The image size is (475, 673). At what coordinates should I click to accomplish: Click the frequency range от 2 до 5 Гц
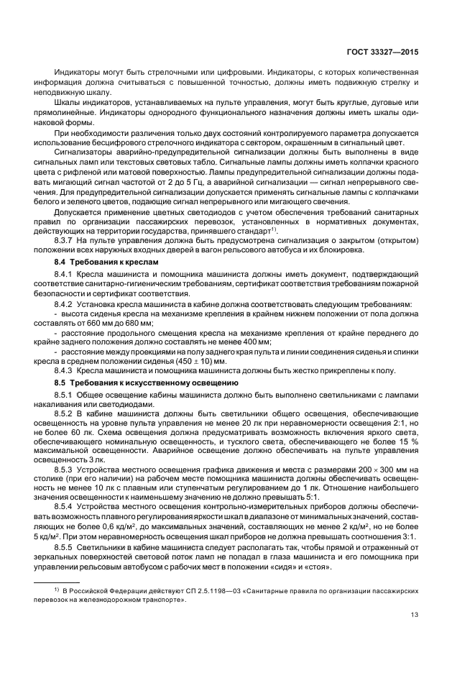click(x=196, y=182)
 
